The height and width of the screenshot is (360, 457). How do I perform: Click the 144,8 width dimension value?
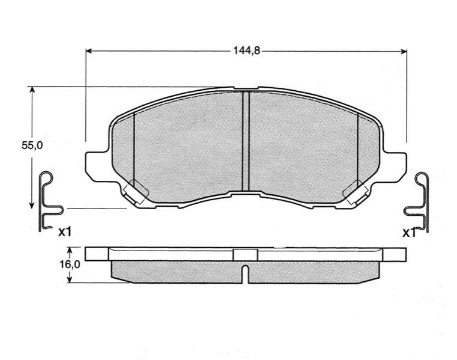(x=246, y=50)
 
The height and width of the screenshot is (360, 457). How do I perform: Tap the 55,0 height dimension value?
(x=32, y=145)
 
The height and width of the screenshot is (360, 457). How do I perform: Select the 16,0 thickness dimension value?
(x=70, y=264)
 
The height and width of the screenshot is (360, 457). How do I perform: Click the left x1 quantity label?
(x=64, y=232)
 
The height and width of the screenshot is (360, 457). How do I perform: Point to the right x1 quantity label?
(x=409, y=233)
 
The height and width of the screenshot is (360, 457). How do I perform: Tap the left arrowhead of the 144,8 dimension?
(x=89, y=51)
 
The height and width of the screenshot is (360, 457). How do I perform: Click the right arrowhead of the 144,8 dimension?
(x=404, y=52)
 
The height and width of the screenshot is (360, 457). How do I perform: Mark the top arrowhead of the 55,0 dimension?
(x=32, y=90)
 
